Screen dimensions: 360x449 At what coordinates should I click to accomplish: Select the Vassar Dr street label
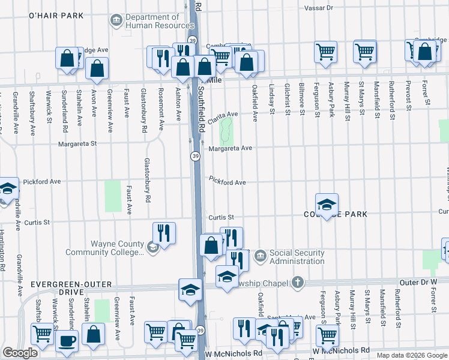tap(318, 8)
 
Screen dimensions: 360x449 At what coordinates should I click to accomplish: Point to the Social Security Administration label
tap(297, 256)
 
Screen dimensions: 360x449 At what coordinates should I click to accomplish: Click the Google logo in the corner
tap(20, 353)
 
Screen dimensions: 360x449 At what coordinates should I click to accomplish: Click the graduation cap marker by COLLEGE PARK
tap(327, 205)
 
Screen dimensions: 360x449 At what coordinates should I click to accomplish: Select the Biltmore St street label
tap(301, 99)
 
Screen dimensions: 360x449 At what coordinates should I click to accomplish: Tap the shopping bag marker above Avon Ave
tap(97, 68)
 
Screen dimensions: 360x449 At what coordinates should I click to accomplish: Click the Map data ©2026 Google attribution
tap(411, 355)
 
